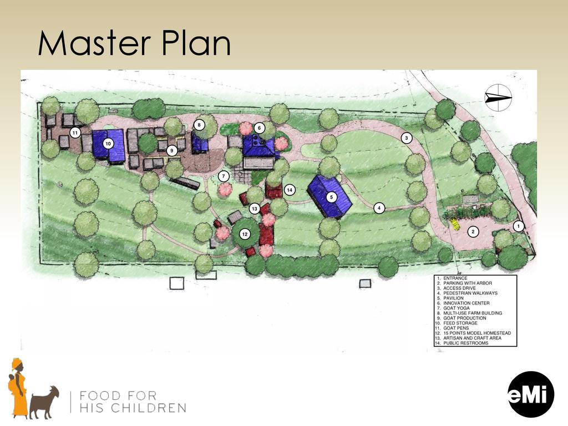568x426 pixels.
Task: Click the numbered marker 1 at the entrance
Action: click(x=519, y=226)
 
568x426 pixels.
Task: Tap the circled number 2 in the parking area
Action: click(x=473, y=231)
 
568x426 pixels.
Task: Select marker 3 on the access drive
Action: click(x=407, y=138)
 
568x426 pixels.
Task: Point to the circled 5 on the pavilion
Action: click(x=331, y=197)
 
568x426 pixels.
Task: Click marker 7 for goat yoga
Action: click(x=224, y=176)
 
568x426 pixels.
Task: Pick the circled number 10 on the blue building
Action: click(x=108, y=144)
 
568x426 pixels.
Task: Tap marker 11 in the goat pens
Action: click(x=75, y=133)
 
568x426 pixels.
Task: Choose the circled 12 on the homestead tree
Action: click(x=245, y=234)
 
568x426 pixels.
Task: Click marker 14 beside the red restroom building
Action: click(x=290, y=190)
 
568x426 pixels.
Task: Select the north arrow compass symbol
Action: click(x=498, y=97)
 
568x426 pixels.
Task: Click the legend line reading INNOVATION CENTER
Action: click(x=466, y=303)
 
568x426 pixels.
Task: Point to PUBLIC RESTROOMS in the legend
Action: click(x=466, y=343)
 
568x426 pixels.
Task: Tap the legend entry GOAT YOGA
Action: click(x=457, y=308)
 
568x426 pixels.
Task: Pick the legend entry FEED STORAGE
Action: click(x=460, y=323)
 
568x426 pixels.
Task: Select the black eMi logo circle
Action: click(x=531, y=394)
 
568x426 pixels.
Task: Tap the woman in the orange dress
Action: click(x=17, y=388)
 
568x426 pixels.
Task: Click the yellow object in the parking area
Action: click(x=454, y=224)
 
